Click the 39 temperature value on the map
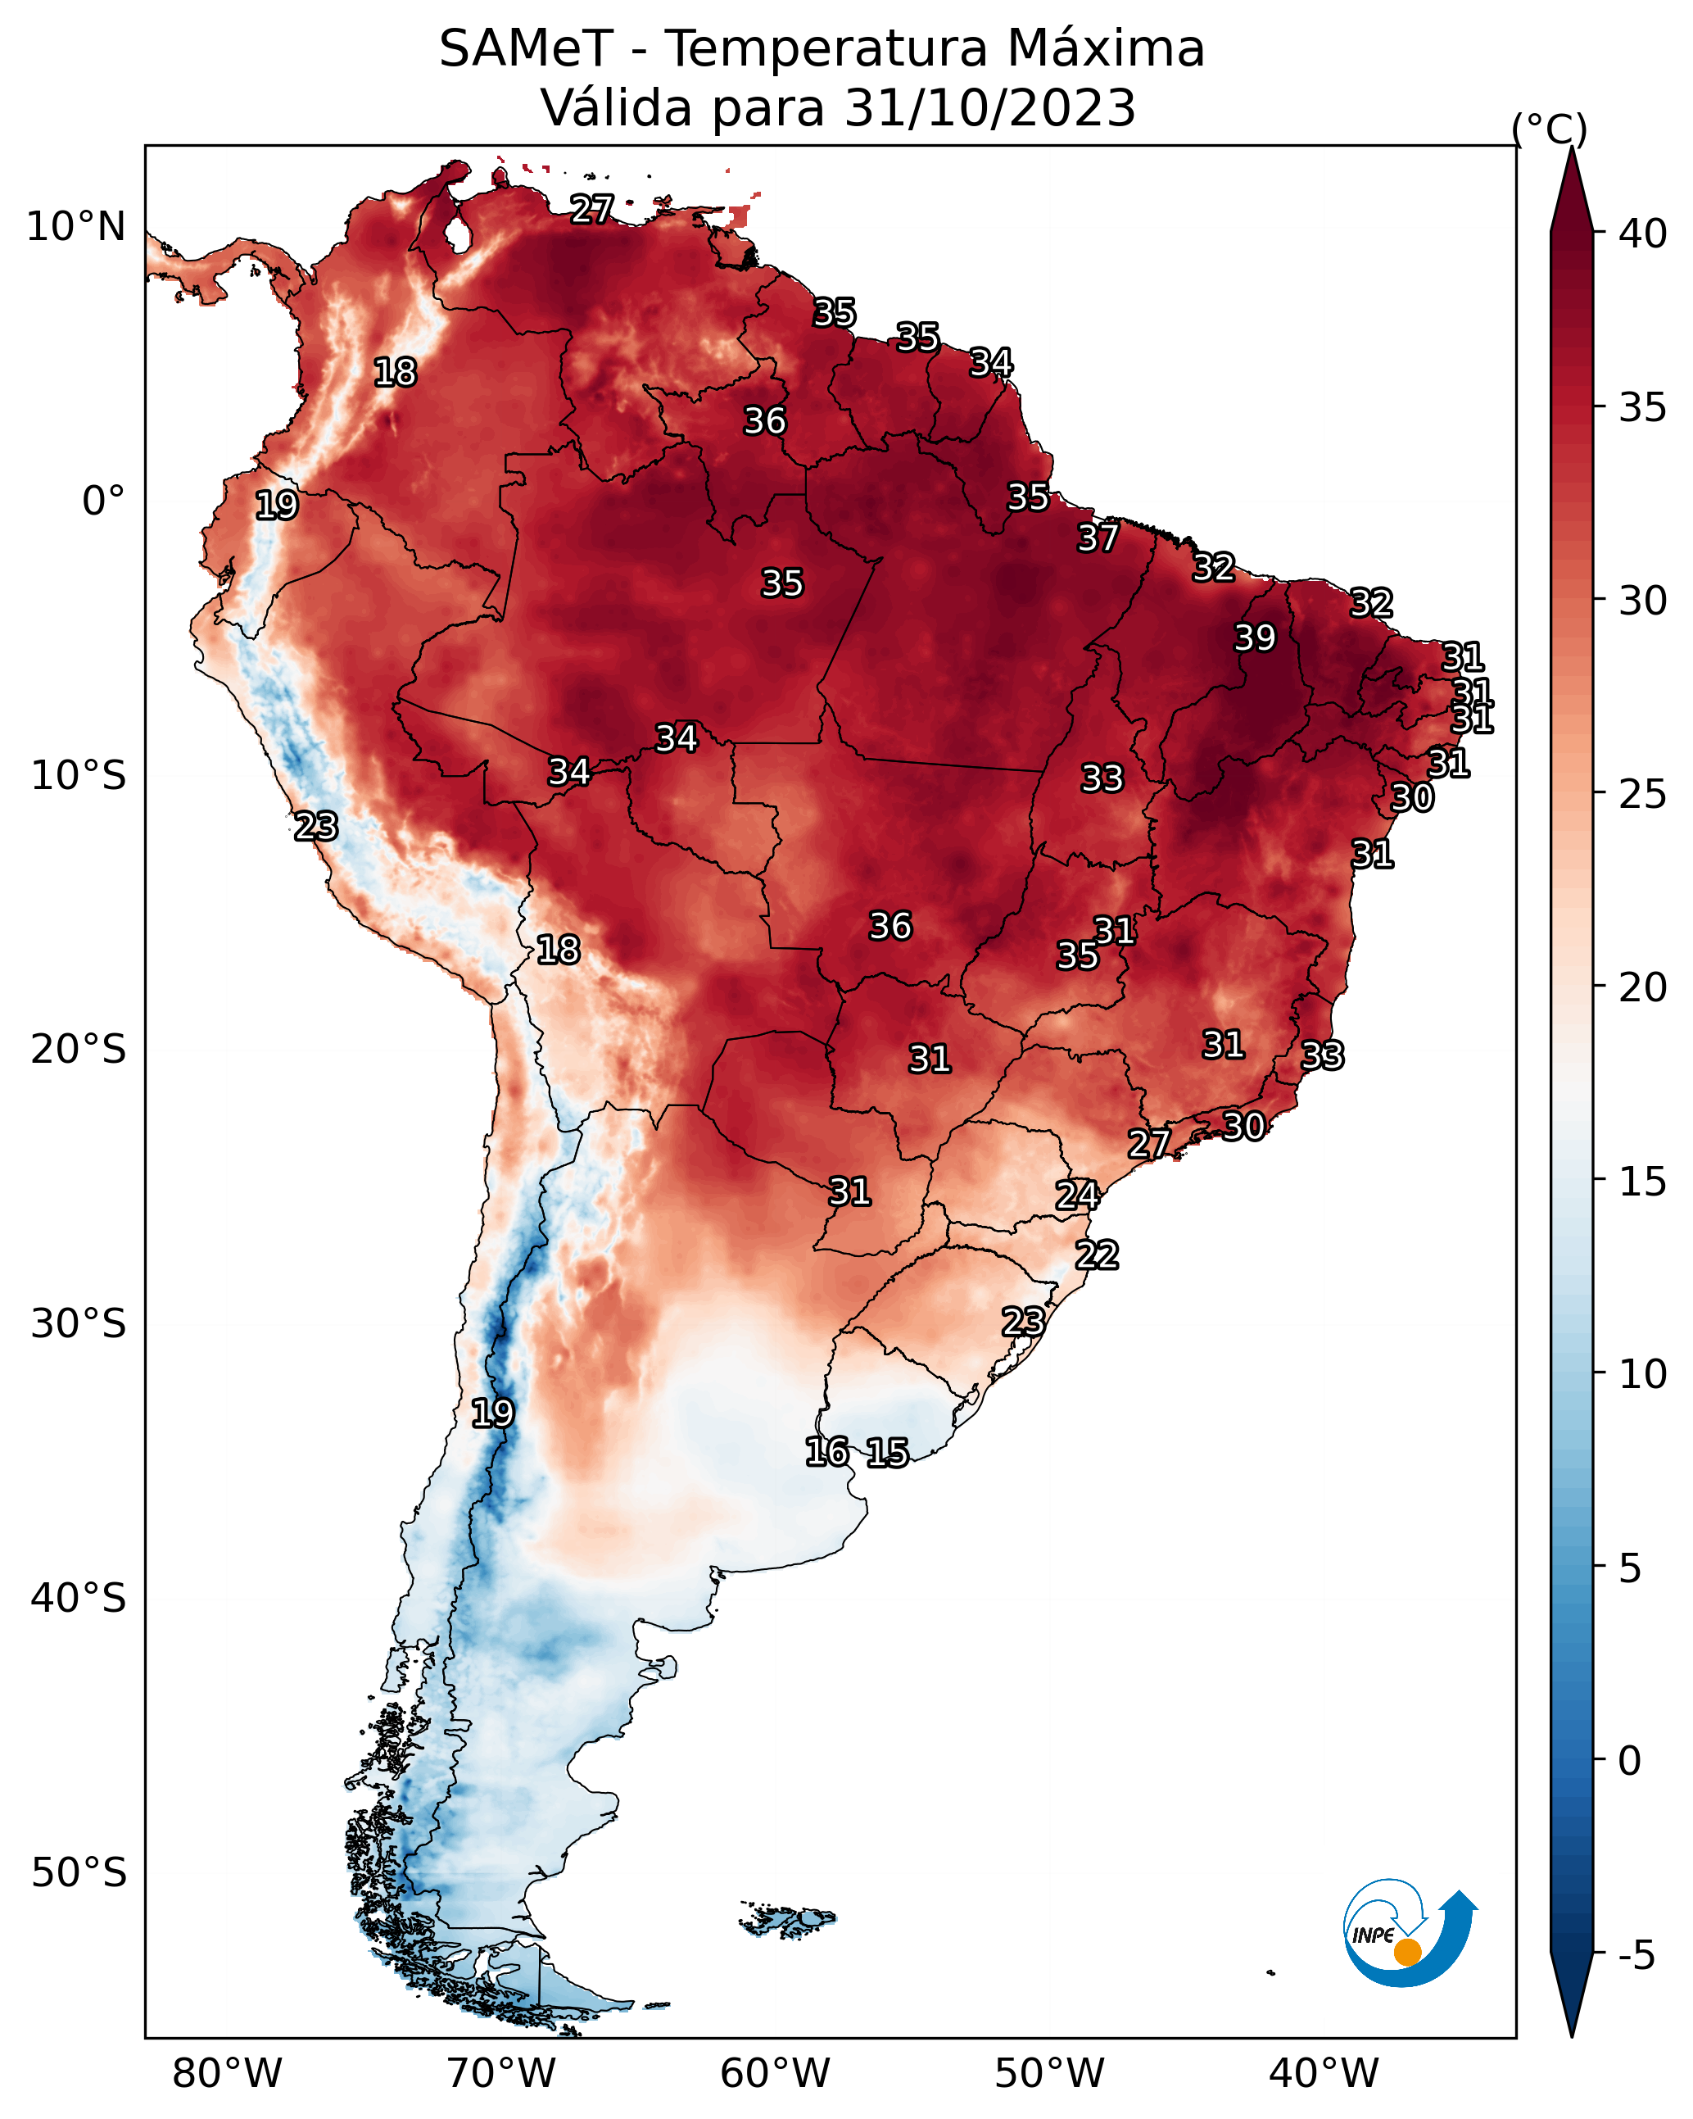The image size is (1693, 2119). (x=1255, y=638)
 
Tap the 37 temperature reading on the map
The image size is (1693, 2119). (x=1098, y=538)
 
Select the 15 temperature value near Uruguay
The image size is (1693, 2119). (x=887, y=1453)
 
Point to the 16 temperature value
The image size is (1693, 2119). (x=826, y=1452)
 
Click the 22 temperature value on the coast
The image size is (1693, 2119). (x=1097, y=1255)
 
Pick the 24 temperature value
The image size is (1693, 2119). (x=1077, y=1196)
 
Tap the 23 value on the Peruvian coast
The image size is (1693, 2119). (x=316, y=827)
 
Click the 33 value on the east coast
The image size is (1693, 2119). (x=1322, y=1055)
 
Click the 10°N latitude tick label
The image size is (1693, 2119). (x=75, y=227)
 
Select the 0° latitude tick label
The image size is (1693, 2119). (x=104, y=501)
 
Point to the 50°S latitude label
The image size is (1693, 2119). (x=79, y=1873)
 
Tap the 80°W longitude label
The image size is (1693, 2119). (x=227, y=2073)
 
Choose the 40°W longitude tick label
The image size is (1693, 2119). (x=1324, y=2073)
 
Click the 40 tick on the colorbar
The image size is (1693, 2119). (x=1643, y=234)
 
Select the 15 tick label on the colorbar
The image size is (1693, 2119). (x=1643, y=1182)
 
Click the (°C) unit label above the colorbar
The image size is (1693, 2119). (x=1550, y=129)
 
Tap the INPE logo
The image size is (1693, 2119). (x=1408, y=1932)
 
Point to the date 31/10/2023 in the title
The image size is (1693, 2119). (x=990, y=108)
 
